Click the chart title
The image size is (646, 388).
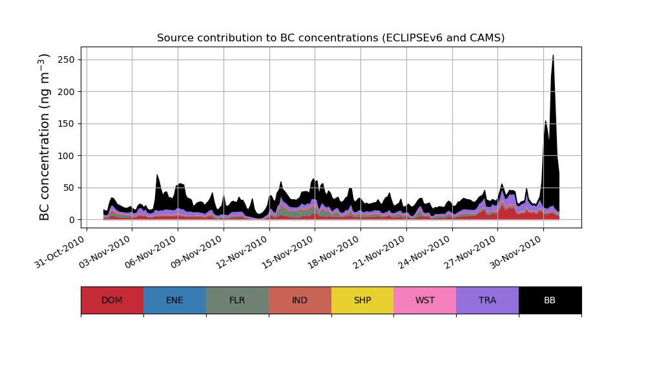(331, 38)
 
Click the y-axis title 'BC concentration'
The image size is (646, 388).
(45, 136)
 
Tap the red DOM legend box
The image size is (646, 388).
(112, 300)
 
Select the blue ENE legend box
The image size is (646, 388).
(174, 300)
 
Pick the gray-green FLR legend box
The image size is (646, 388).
(237, 300)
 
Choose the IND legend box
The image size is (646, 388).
(300, 300)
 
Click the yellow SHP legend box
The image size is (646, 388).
(362, 300)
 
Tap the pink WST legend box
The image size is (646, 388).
(425, 300)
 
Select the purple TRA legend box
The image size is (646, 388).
(488, 300)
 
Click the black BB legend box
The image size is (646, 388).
(550, 300)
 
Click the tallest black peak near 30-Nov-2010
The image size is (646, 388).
(553, 56)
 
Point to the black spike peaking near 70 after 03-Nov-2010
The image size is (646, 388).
(157, 176)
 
